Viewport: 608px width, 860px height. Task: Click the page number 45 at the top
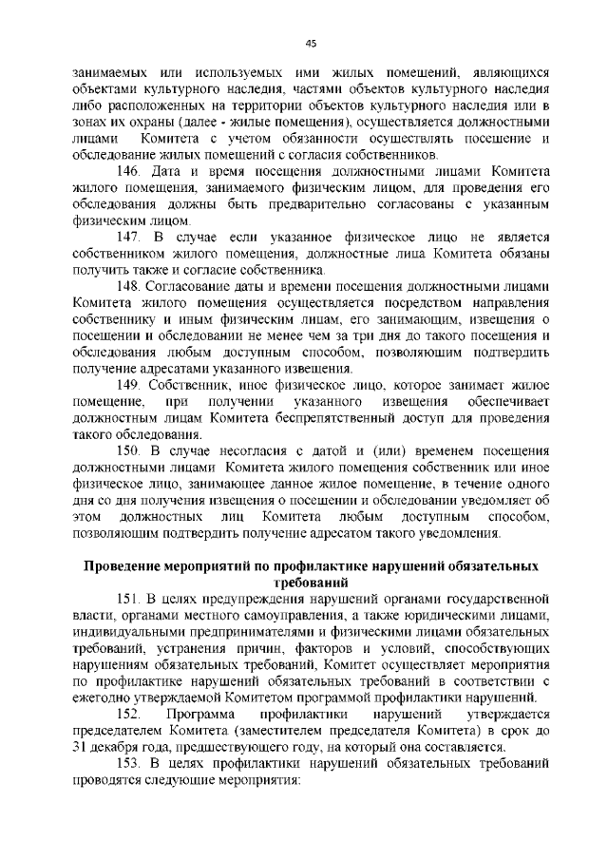311,43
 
